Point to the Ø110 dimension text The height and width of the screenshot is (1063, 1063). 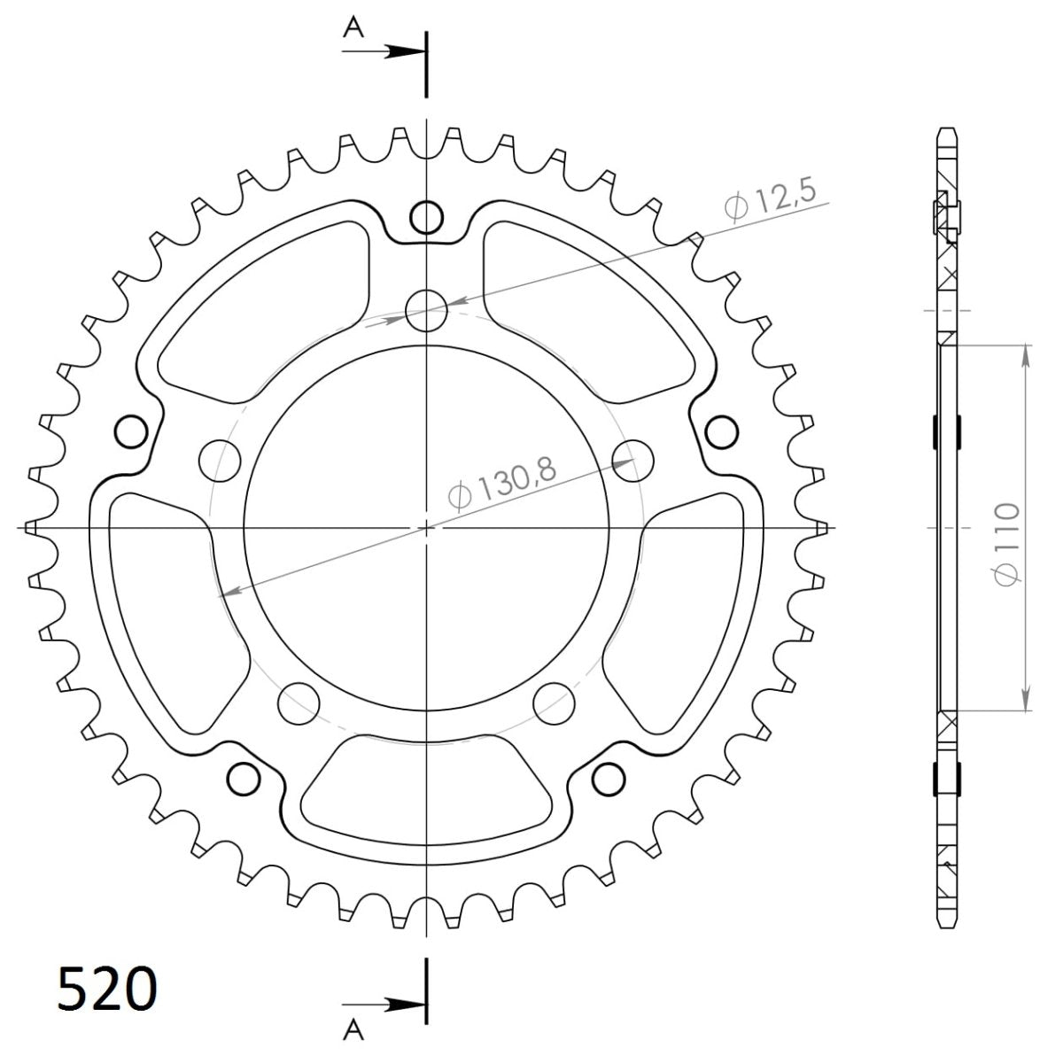1007,544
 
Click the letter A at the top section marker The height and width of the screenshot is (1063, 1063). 353,29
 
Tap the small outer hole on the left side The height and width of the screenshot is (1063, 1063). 131,431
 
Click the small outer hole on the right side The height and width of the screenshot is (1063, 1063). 722,431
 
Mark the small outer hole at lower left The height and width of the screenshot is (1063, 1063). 243,777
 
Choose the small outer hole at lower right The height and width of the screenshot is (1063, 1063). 609,777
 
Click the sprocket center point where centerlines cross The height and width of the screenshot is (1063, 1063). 426,528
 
